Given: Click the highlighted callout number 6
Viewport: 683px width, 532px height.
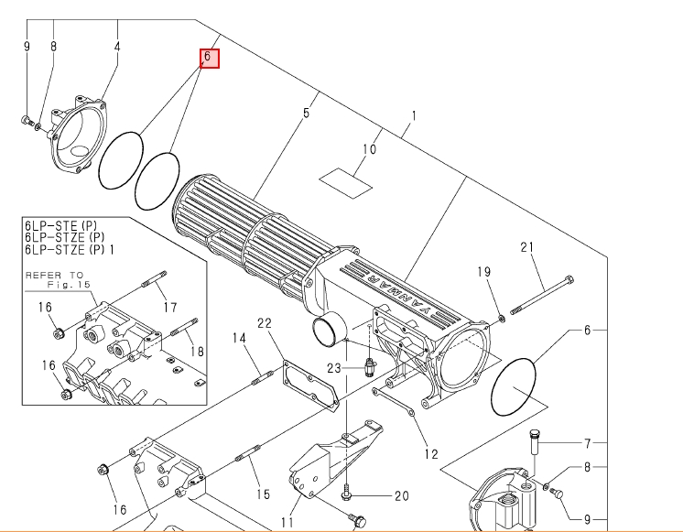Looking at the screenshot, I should pyautogui.click(x=209, y=57).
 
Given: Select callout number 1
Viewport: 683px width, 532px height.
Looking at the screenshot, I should pyautogui.click(x=414, y=116).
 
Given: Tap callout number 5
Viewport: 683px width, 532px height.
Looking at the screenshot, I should pyautogui.click(x=306, y=114).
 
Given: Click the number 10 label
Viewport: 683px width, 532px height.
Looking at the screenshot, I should pyautogui.click(x=370, y=149).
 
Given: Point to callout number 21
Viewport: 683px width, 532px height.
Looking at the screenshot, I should pyautogui.click(x=526, y=247).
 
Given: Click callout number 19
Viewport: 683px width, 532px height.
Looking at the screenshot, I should pyautogui.click(x=483, y=272).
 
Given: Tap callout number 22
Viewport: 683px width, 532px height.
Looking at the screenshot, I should pyautogui.click(x=265, y=323).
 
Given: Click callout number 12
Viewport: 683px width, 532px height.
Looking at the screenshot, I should pyautogui.click(x=430, y=453).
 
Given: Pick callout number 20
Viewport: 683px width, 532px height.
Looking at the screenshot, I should pyautogui.click(x=401, y=496).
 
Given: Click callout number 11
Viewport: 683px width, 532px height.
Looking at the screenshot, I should pyautogui.click(x=287, y=523).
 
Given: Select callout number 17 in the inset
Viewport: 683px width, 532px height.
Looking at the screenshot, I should pyautogui.click(x=169, y=307).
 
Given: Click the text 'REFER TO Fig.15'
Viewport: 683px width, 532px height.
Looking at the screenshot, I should pyautogui.click(x=55, y=279).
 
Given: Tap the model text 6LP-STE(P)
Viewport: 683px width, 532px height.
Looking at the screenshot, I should pyautogui.click(x=61, y=225).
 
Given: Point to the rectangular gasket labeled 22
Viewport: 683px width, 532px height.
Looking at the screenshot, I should pyautogui.click(x=309, y=385).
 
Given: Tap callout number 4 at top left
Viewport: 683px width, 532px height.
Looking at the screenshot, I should pyautogui.click(x=117, y=46).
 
